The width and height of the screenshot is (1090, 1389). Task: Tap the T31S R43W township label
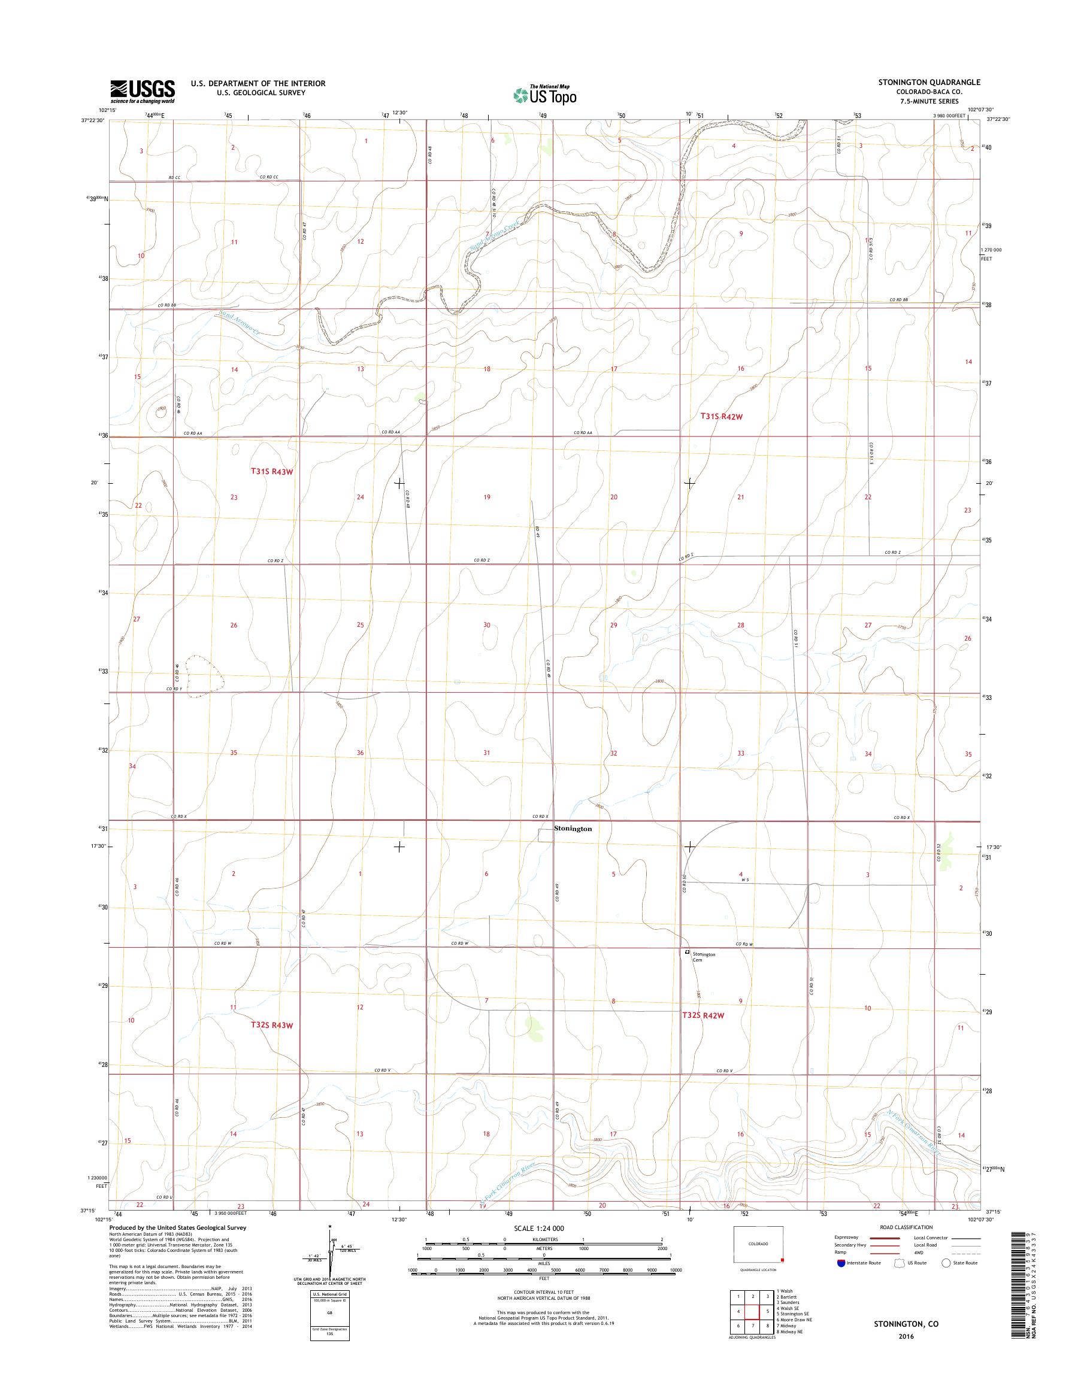270,472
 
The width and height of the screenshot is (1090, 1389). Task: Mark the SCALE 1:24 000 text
542,1227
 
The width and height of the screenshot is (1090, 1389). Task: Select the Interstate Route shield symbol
841,1262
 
